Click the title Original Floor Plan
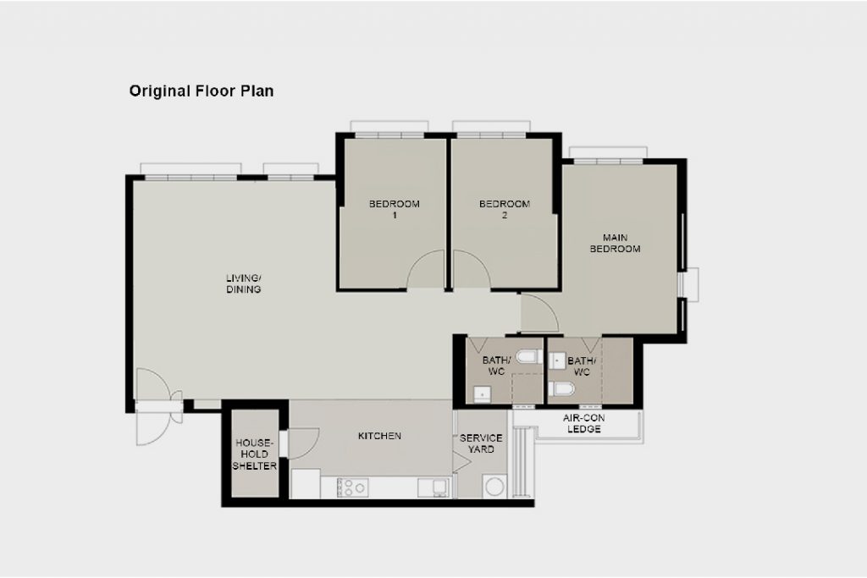202,91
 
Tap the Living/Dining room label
243,283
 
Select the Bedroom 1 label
395,209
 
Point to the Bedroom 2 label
505,209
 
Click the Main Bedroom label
615,243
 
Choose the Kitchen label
379,436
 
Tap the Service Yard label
481,443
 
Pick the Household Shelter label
254,454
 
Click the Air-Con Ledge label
584,423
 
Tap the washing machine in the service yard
494,487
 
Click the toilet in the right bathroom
562,389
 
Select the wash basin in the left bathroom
482,394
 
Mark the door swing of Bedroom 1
427,269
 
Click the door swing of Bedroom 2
471,269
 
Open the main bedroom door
540,313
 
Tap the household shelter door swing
303,443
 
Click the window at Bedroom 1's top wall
389,135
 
